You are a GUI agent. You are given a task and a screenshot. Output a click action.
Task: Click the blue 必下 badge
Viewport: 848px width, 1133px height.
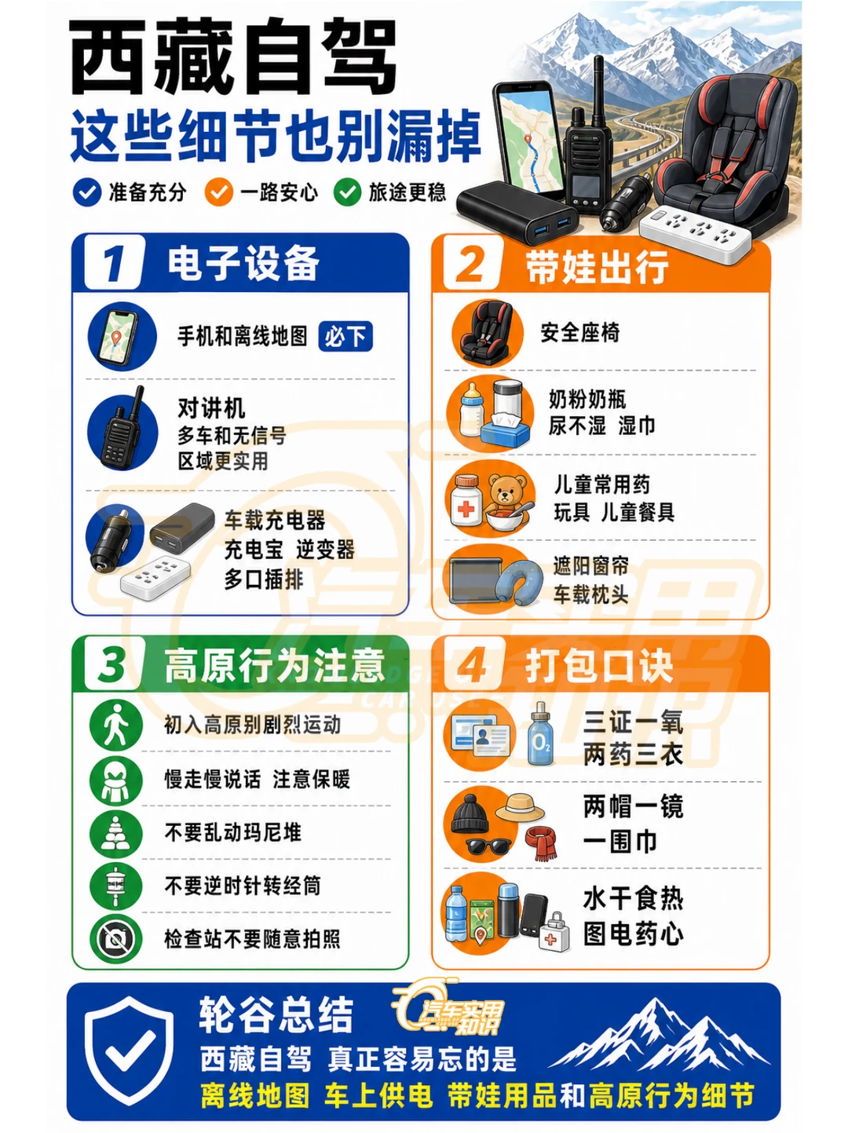pos(345,336)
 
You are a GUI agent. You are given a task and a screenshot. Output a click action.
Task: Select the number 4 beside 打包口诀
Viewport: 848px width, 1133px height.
pos(470,665)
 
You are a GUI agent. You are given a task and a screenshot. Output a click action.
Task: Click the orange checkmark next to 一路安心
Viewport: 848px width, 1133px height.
pos(218,192)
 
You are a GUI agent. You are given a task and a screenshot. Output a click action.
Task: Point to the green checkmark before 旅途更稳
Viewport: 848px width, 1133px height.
pos(347,192)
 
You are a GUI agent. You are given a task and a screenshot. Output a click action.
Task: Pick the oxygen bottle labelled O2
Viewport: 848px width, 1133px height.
pos(540,733)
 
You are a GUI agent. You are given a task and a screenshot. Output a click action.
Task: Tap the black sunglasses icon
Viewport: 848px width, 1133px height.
pos(488,846)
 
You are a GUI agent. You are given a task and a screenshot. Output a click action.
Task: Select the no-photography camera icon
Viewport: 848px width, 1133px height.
pos(116,938)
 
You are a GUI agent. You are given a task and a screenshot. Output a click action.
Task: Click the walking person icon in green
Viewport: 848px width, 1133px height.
pos(116,724)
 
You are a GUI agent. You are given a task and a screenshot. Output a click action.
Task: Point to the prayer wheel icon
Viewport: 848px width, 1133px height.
pos(116,885)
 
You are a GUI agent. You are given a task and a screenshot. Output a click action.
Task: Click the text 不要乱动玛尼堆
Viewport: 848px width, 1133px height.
pos(232,831)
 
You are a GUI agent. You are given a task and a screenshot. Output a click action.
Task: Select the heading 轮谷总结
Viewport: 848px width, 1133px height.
pos(276,1014)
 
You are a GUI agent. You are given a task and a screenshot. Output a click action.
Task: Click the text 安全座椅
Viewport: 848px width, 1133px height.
pos(579,332)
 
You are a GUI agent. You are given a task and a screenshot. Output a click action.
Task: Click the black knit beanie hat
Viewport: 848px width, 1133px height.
pos(470,813)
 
